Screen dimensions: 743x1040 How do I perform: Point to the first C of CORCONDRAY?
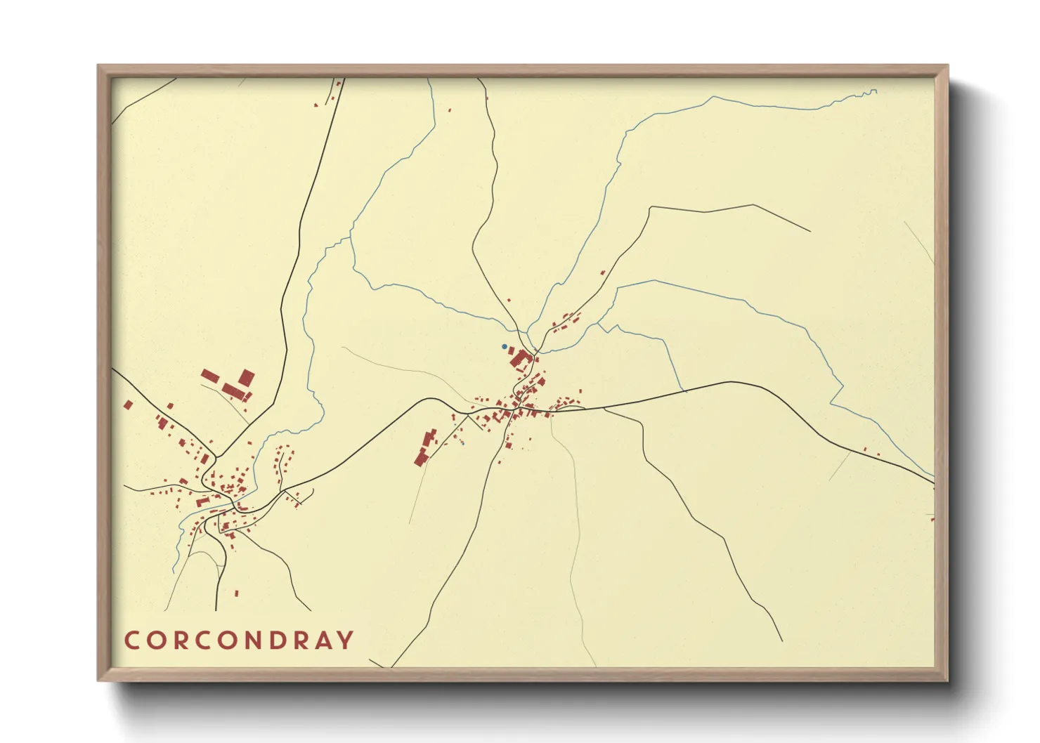pos(131,640)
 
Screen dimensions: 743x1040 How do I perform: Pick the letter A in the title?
pos(321,640)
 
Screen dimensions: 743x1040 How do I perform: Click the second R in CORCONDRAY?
pos(297,640)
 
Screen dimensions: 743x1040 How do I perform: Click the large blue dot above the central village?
pos(504,346)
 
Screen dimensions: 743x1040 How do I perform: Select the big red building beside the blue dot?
pos(520,359)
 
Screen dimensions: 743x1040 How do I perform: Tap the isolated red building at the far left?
pos(128,405)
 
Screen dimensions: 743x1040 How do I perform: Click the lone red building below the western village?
pos(236,593)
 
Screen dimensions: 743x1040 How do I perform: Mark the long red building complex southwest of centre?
pos(425,447)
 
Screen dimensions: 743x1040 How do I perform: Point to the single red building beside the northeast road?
pos(602,272)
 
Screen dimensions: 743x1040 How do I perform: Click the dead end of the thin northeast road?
pos(810,231)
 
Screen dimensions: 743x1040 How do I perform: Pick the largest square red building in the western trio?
pos(246,379)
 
